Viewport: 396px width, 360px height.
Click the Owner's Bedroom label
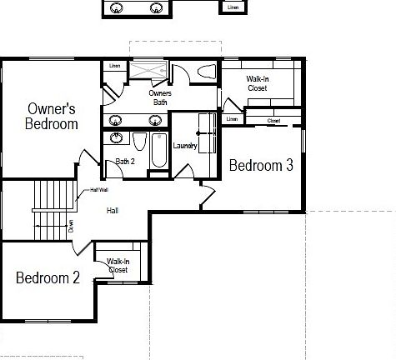click(52, 116)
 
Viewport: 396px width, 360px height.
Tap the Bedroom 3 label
click(261, 165)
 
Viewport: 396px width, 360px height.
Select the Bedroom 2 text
click(48, 277)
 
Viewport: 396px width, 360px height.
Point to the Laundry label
click(183, 146)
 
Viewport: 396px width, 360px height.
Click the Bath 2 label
click(125, 161)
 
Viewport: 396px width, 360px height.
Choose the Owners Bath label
click(160, 97)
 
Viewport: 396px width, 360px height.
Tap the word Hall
click(112, 211)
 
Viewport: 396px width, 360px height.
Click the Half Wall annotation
click(88, 190)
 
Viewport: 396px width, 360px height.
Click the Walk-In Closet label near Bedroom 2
click(118, 266)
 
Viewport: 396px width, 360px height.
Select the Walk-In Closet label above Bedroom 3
click(258, 82)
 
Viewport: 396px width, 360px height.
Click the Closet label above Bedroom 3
click(273, 121)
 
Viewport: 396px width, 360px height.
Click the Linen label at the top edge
click(233, 7)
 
